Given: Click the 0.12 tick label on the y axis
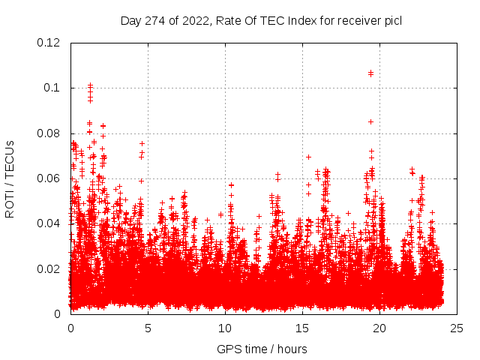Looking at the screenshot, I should click(x=49, y=43).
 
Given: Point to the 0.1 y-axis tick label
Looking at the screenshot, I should click(x=54, y=88).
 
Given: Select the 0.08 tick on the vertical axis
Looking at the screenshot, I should click(x=49, y=133).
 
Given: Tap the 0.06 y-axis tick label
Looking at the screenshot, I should click(x=49, y=178).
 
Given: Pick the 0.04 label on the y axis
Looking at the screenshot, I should click(x=49, y=223).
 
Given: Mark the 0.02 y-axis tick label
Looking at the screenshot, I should click(x=49, y=269).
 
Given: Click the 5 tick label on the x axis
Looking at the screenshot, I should click(x=148, y=328).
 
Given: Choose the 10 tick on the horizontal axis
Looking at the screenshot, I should click(x=225, y=328).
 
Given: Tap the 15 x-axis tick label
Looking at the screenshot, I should click(x=302, y=328).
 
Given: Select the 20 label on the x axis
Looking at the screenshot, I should click(x=379, y=328).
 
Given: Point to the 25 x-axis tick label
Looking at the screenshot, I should click(x=457, y=328).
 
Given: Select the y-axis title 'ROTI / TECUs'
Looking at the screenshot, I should click(x=10, y=178).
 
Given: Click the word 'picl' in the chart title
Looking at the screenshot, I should click(x=392, y=20).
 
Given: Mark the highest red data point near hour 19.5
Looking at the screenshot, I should click(x=370, y=73).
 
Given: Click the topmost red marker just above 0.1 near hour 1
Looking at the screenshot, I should click(x=90, y=85).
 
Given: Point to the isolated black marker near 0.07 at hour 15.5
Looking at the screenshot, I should click(x=308, y=157).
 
